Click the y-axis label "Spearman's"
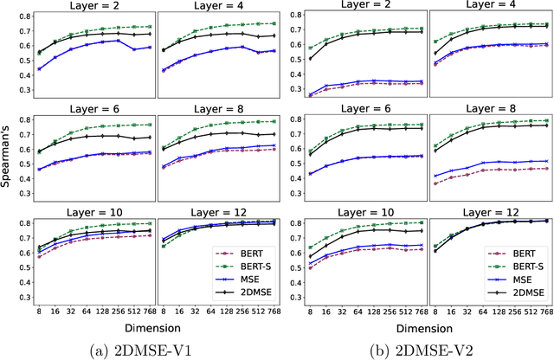[7, 172]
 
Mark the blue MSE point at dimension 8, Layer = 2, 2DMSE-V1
[39, 68]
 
